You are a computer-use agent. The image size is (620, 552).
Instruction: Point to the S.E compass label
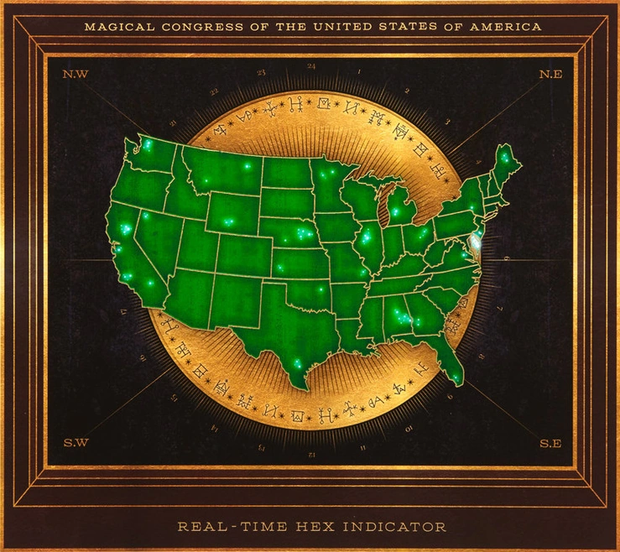[550, 443]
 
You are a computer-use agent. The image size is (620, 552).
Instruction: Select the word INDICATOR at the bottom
[396, 527]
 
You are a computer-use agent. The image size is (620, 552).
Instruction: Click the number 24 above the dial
[311, 65]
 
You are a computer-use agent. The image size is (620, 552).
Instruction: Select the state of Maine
[505, 164]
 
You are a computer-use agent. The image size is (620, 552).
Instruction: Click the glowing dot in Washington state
[148, 145]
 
